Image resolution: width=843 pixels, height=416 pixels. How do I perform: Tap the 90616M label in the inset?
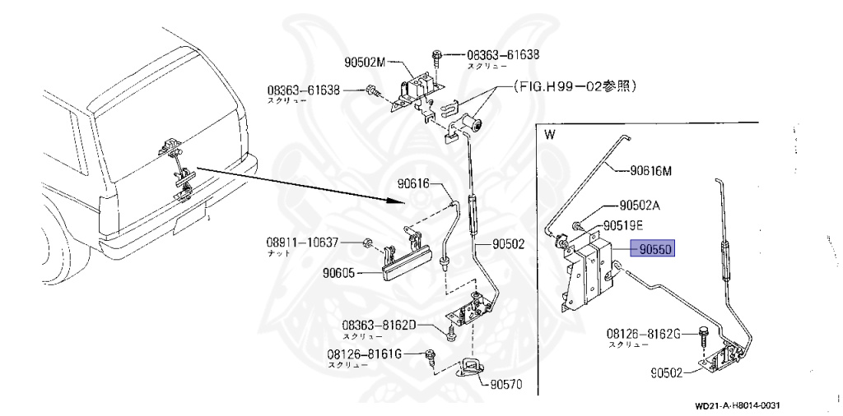(650, 171)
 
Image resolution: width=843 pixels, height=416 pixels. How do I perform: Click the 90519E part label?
(626, 224)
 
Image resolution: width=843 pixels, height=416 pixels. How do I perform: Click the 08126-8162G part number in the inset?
(644, 335)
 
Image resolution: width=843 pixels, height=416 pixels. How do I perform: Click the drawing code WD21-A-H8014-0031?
(736, 405)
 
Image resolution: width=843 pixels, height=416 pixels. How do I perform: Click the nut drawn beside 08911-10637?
(368, 243)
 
